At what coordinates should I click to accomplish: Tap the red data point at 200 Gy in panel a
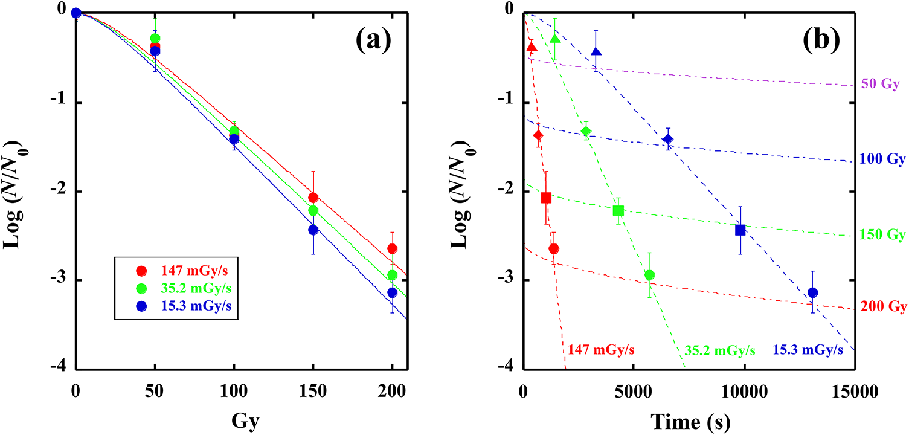pyautogui.click(x=392, y=248)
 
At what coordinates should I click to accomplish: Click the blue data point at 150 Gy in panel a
pyautogui.click(x=313, y=230)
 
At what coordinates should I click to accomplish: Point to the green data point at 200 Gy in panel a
pyautogui.click(x=392, y=275)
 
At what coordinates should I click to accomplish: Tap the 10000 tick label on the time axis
pyautogui.click(x=745, y=391)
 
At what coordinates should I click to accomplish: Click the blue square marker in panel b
pyautogui.click(x=740, y=230)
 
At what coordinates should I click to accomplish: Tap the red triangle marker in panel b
pyautogui.click(x=532, y=47)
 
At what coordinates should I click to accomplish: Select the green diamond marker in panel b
pyautogui.click(x=586, y=131)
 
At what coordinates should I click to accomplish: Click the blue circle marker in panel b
pyautogui.click(x=812, y=292)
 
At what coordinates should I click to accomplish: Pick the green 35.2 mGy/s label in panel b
pyautogui.click(x=720, y=350)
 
